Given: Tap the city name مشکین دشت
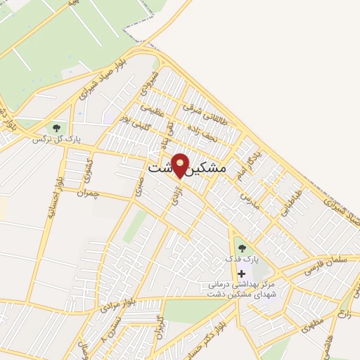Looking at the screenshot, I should [x=188, y=169].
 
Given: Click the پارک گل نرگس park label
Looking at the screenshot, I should [x=57, y=139].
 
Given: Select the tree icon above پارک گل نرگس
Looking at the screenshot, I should [x=56, y=127].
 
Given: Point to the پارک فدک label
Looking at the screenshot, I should [x=242, y=259].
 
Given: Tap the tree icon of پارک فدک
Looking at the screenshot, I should [x=242, y=247].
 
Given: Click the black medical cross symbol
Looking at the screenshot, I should [x=242, y=273].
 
